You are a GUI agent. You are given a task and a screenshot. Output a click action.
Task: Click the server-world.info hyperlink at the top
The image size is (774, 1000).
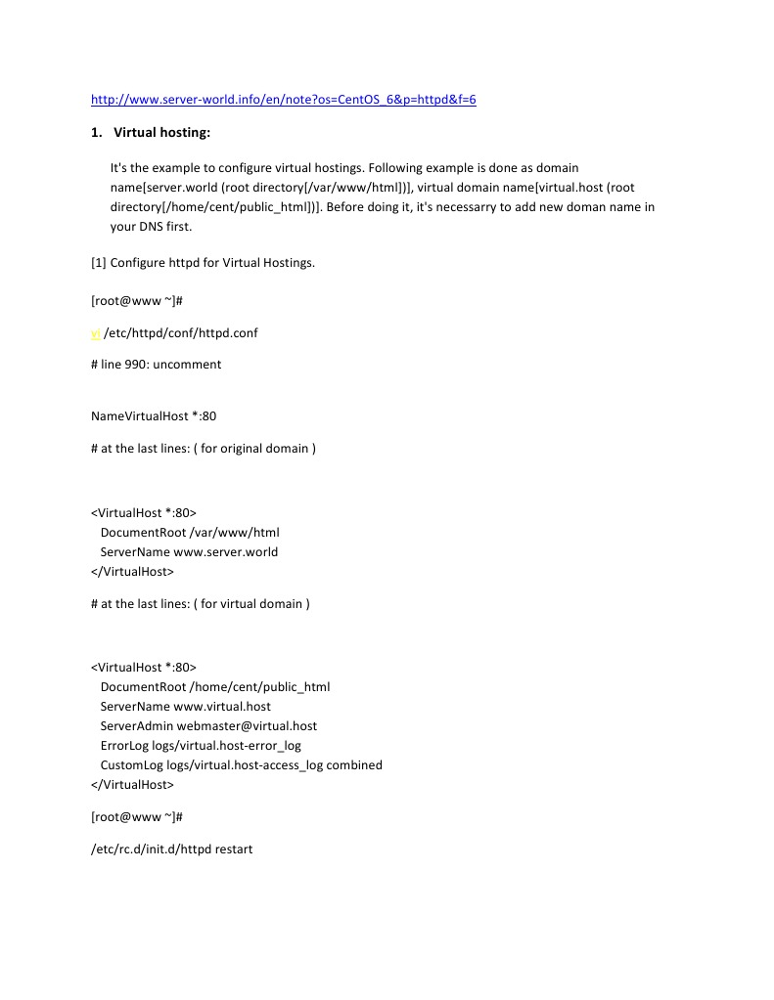(x=283, y=100)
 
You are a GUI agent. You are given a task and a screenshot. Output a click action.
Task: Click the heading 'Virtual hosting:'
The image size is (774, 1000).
(x=161, y=132)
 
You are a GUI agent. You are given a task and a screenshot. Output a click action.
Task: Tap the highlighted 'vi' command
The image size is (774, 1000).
(x=95, y=332)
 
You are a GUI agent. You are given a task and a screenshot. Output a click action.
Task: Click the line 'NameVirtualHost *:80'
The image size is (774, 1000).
(x=154, y=416)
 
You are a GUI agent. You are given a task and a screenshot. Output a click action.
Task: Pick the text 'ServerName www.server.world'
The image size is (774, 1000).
(x=189, y=552)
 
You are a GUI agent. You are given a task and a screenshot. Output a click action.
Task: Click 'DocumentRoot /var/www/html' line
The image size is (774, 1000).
(x=190, y=533)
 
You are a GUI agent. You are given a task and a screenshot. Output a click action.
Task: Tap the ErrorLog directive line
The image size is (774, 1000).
(x=201, y=746)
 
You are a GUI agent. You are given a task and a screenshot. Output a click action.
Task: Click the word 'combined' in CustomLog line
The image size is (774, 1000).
(x=354, y=765)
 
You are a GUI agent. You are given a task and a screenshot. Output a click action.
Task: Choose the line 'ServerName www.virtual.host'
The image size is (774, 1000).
(x=185, y=707)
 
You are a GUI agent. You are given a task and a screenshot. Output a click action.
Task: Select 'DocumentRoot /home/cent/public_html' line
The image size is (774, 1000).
(x=214, y=687)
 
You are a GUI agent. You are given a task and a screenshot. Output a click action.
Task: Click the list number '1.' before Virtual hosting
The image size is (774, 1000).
(x=96, y=132)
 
